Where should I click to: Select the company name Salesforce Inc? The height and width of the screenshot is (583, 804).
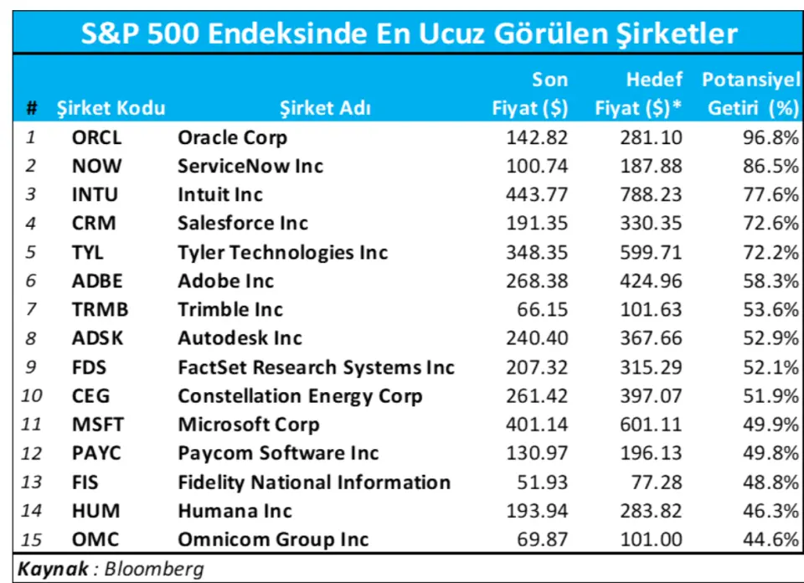coord(242,224)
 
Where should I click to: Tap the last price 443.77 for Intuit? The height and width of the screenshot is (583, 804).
coord(537,195)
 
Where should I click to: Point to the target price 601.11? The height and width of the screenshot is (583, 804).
coord(651,425)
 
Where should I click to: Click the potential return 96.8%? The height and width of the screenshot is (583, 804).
coord(770,138)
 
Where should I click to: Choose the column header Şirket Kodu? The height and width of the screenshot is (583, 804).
coord(111,108)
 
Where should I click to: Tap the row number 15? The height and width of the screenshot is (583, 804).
coord(31,539)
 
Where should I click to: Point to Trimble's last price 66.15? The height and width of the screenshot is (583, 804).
coord(543,310)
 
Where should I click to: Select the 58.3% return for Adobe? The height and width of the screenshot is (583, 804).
coord(770,281)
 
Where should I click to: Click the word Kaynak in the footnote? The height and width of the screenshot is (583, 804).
coord(53,570)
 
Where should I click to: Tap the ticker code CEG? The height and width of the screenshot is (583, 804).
coord(90,396)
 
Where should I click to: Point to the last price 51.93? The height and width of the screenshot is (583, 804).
coord(543,482)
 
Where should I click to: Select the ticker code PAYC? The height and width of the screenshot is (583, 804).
coord(96,453)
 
